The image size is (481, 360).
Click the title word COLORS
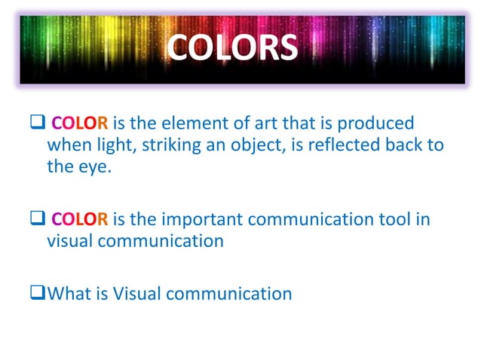point(232,47)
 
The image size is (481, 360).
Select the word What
point(70,294)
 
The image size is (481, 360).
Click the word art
point(255,123)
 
